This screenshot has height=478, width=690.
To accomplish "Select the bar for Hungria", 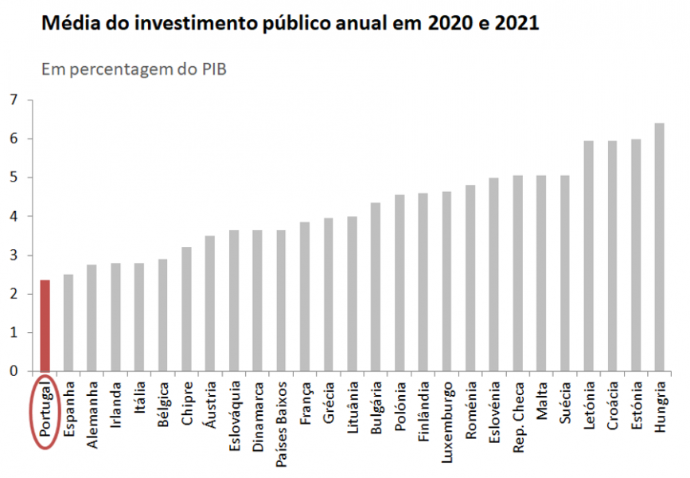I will pyautogui.click(x=659, y=247).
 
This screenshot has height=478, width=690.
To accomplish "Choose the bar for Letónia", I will pyautogui.click(x=588, y=256).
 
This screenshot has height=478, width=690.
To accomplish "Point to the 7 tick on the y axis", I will pyautogui.click(x=13, y=100).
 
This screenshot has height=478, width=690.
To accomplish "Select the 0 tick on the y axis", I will pyautogui.click(x=13, y=371).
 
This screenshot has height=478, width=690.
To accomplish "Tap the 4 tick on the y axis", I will pyautogui.click(x=13, y=217).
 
